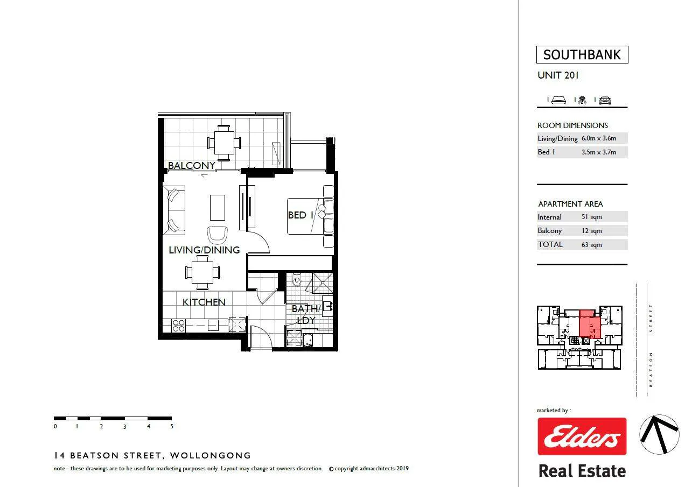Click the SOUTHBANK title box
coord(582,55)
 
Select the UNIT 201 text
coord(558,75)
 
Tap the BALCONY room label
coord(191,165)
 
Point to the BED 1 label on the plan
coord(300,215)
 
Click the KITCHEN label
coord(204,302)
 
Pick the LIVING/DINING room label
coord(204,250)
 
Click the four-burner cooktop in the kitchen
coord(179,326)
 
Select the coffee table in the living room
coord(218,207)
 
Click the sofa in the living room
coord(174,210)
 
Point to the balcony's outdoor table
coord(224,143)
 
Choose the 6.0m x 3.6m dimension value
coord(599,138)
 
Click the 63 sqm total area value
coord(592,245)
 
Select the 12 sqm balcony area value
coord(592,231)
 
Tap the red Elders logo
coord(582,436)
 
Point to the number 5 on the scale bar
coord(172,427)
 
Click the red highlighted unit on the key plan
coord(590,324)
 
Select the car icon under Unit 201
coord(605,100)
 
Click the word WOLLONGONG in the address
coord(211,456)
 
